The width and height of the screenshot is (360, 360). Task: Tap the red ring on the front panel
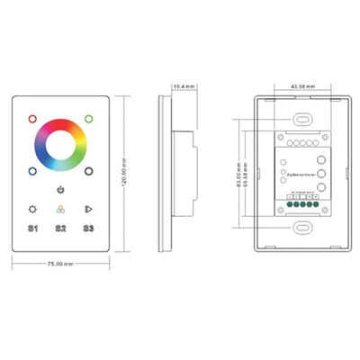32,118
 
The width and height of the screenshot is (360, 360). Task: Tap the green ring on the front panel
89,118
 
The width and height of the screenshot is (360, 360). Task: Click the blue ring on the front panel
32,170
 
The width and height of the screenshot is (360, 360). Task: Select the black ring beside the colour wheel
89,170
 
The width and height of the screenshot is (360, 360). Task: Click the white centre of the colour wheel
60,143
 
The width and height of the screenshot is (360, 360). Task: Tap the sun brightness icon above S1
32,208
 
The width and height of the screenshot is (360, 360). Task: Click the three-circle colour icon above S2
60,209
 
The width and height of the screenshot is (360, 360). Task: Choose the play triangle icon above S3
88,208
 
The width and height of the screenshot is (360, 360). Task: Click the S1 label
32,228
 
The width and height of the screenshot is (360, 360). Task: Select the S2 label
60,228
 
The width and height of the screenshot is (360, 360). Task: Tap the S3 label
88,228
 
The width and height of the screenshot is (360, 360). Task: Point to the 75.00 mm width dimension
59,265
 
